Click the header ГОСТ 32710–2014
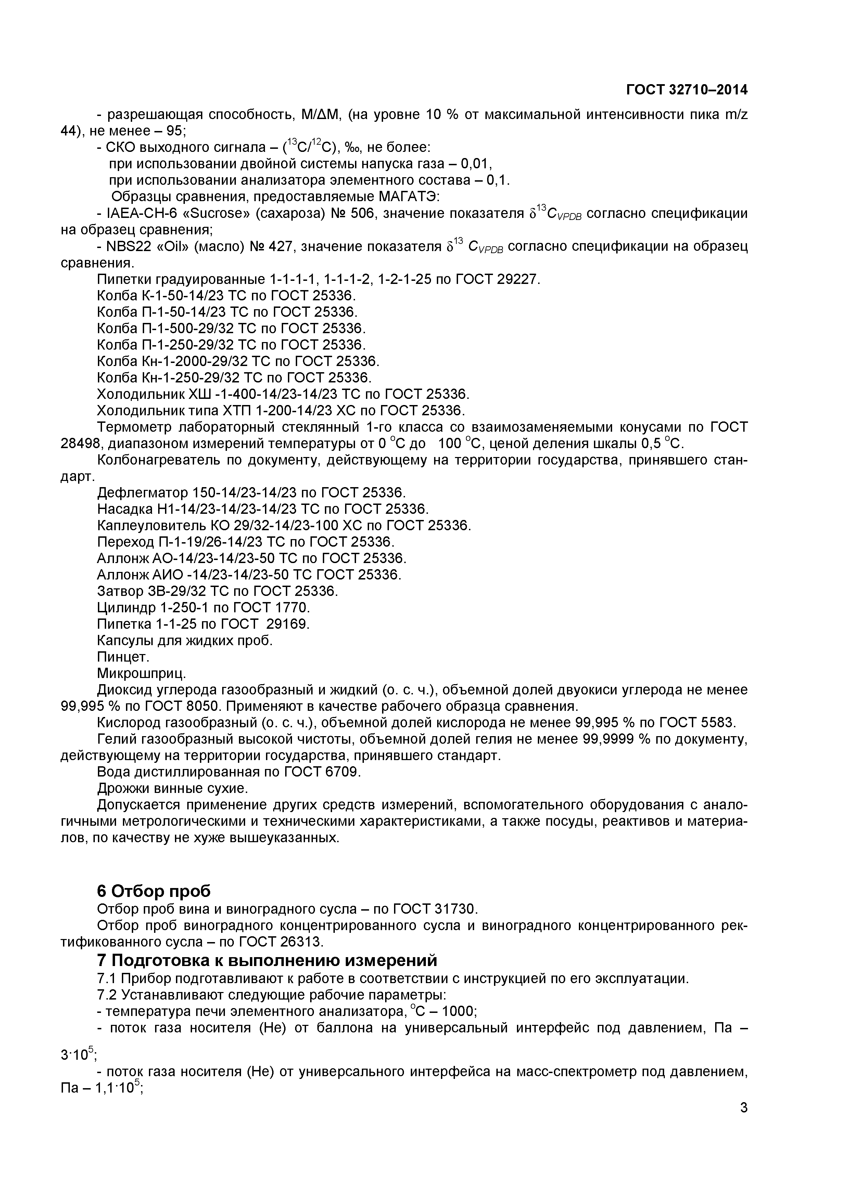click(x=686, y=90)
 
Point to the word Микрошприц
click(x=142, y=673)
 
